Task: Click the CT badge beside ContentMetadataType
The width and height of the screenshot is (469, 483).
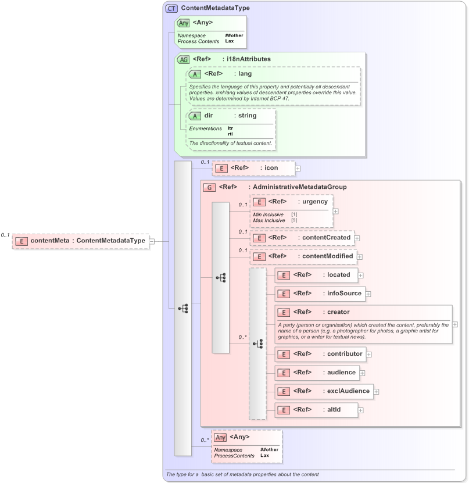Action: pyautogui.click(x=171, y=8)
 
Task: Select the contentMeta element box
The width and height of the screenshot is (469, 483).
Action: pyautogui.click(x=80, y=241)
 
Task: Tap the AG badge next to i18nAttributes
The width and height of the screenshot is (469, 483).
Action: pyautogui.click(x=184, y=59)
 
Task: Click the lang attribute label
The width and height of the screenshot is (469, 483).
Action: pyautogui.click(x=245, y=74)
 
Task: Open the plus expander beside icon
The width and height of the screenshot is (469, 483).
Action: pyautogui.click(x=298, y=168)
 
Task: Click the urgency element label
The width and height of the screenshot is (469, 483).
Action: pyautogui.click(x=314, y=202)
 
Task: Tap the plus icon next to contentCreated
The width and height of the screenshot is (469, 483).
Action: pyautogui.click(x=357, y=238)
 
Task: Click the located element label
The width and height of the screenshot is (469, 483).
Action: pyautogui.click(x=338, y=275)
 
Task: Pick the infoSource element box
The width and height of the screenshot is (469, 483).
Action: pyautogui.click(x=319, y=294)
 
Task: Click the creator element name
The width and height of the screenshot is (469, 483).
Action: pyautogui.click(x=338, y=312)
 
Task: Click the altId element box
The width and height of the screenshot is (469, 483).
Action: pyautogui.click(x=316, y=410)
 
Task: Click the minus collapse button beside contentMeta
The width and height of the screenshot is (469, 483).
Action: pyautogui.click(x=152, y=241)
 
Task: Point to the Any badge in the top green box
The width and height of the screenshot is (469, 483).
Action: pyautogui.click(x=184, y=23)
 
